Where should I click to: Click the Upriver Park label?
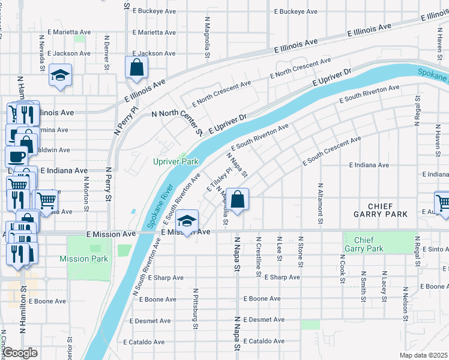coord(175,162)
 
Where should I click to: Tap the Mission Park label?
coord(83,259)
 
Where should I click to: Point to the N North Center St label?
coord(178,118)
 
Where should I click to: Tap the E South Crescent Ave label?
coord(331,151)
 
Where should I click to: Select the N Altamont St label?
coord(321,204)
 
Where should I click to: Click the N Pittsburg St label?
coord(195,309)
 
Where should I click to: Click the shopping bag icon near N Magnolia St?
coord(238,200)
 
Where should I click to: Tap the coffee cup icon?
coord(16,157)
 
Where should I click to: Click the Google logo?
coord(20,353)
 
